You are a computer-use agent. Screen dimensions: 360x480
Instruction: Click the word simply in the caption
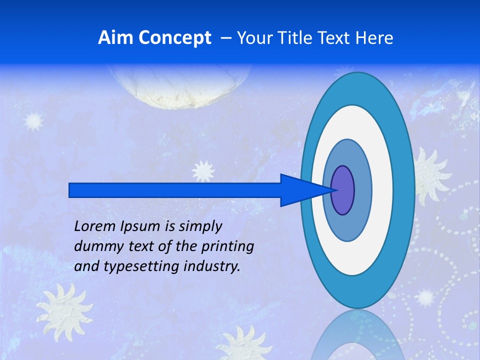(x=199, y=227)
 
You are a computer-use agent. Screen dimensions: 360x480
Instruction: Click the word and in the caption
(x=86, y=266)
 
